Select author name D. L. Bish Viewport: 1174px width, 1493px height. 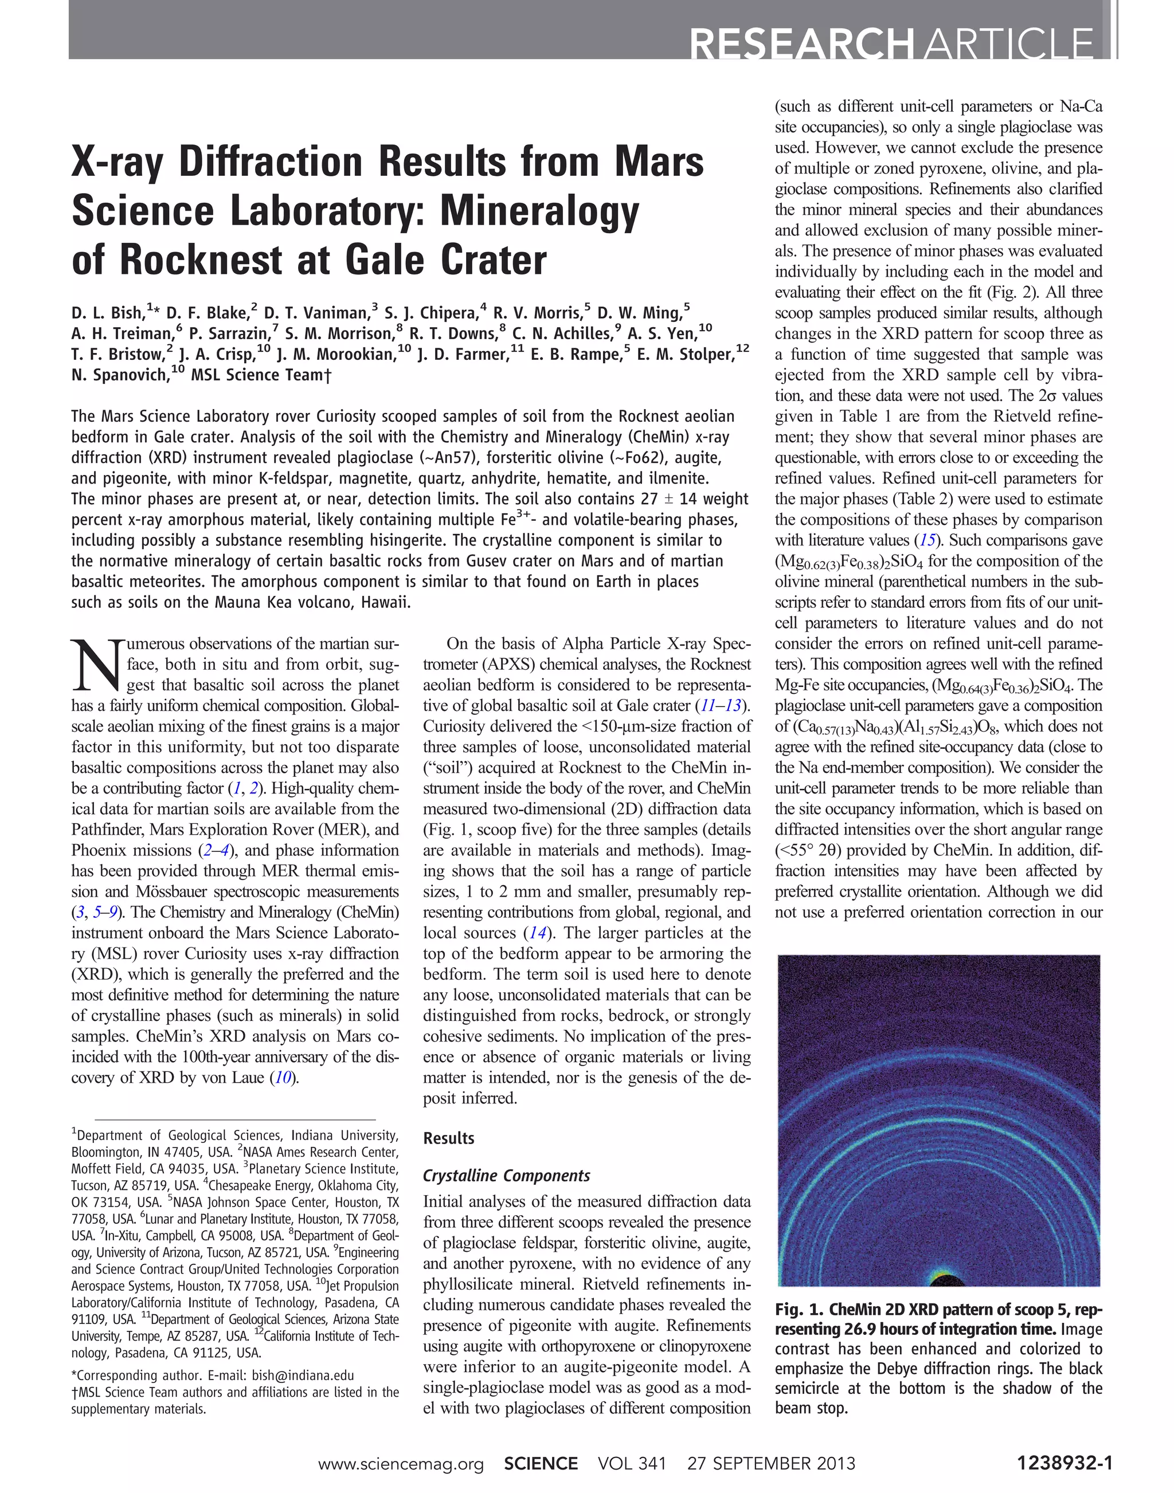[107, 313]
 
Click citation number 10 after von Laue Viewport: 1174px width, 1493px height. [283, 1077]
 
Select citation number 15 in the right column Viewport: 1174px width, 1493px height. [928, 541]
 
